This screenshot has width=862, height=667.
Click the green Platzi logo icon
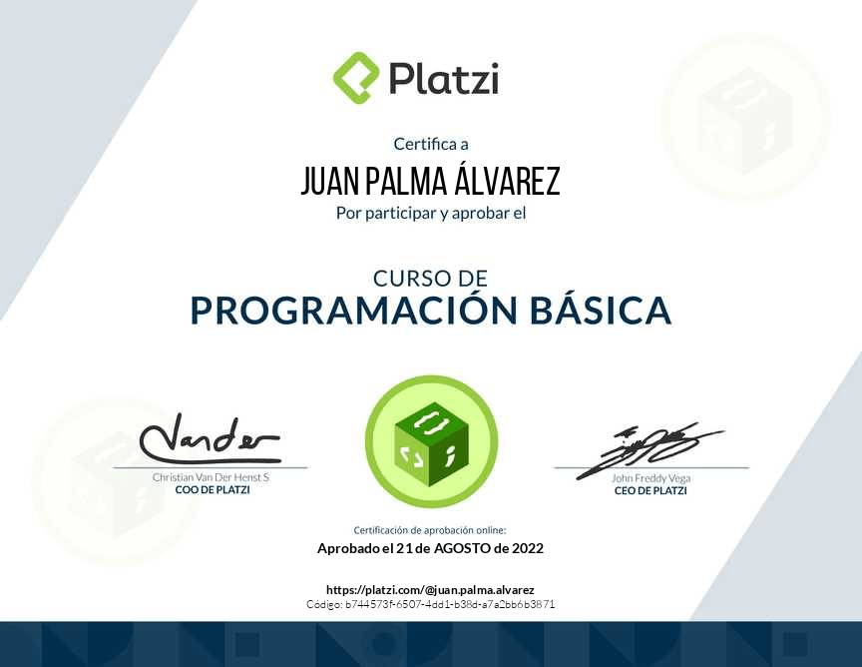tap(356, 78)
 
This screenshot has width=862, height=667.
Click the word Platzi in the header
tap(444, 79)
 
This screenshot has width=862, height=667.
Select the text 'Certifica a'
tap(431, 144)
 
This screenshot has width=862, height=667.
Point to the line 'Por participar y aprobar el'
tap(431, 213)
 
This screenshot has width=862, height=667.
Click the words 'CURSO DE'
tap(430, 279)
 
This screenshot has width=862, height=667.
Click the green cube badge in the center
tap(431, 442)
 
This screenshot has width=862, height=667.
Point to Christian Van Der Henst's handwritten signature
tap(210, 440)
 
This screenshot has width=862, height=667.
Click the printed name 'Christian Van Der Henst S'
tap(212, 477)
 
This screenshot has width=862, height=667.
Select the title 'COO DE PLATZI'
tap(213, 490)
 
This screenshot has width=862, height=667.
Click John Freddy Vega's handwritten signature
tap(648, 451)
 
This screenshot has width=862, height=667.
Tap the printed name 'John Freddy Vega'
tap(650, 478)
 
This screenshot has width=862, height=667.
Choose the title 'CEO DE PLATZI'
tap(650, 490)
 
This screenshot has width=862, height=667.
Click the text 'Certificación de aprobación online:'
tap(430, 530)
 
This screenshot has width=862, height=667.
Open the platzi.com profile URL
tap(430, 590)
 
